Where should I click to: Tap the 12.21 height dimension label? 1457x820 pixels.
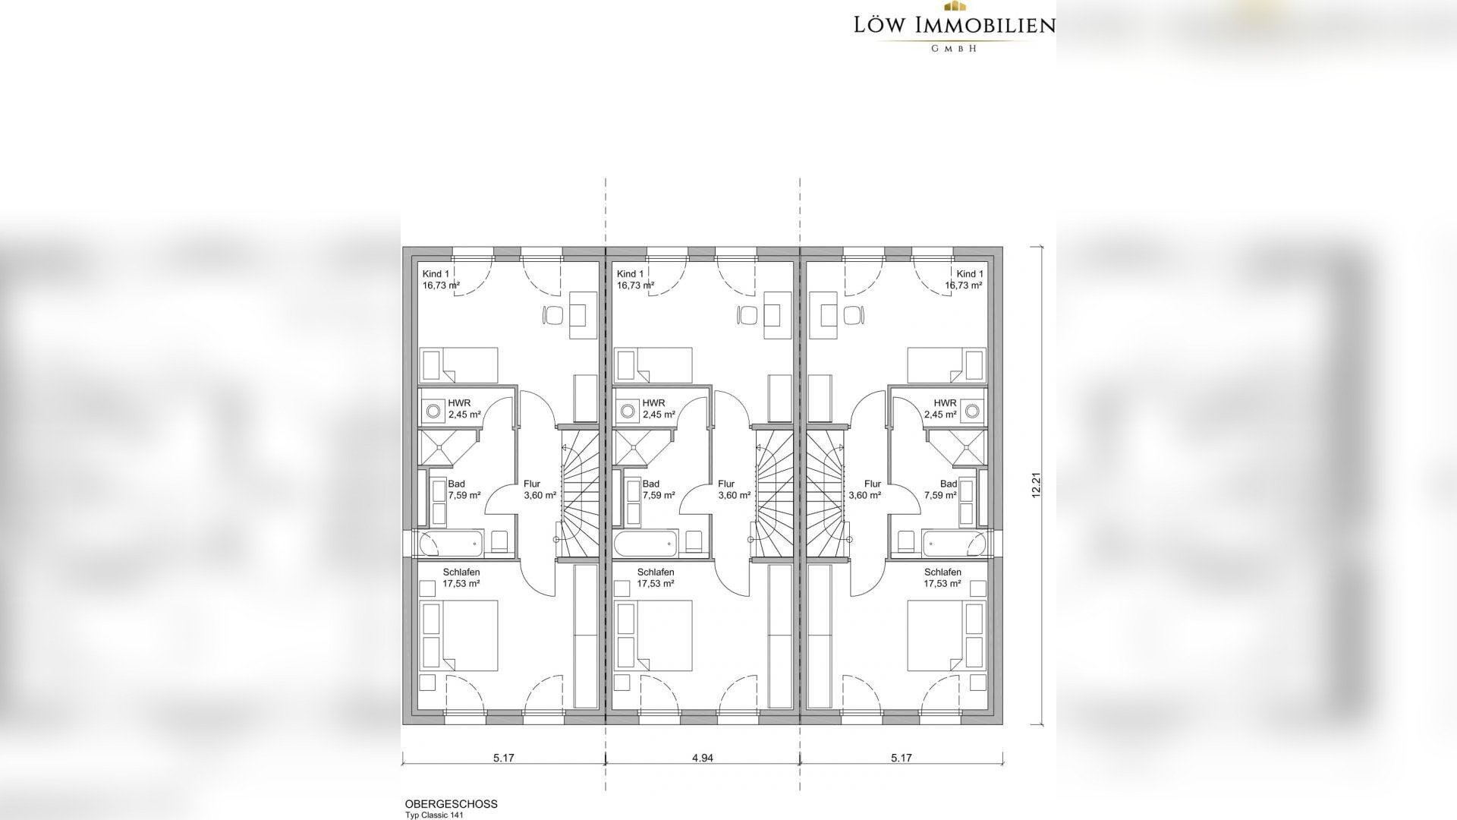coord(1036,485)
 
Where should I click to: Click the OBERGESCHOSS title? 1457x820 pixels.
coord(452,804)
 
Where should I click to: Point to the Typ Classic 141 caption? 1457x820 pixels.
coord(434,815)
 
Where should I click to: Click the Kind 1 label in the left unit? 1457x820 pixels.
coord(436,274)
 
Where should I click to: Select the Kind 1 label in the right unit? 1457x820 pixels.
coord(970,274)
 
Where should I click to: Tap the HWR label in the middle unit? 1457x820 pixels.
coord(653,403)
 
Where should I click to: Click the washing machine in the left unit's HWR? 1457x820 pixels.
coord(433,411)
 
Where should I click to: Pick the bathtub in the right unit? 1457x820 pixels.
coord(955,544)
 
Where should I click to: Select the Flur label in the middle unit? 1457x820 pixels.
coord(726,484)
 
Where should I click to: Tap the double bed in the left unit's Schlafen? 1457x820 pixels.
coord(459,635)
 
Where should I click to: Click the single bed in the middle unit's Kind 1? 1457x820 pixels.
coord(653,365)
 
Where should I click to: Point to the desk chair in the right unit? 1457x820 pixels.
coord(855,314)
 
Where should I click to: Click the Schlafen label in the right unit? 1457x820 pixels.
coord(942,572)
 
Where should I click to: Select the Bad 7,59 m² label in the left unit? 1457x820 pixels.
coord(464,490)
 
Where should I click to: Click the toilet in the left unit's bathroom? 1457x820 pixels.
coord(499,541)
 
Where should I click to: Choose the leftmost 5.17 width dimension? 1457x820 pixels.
coord(504,757)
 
